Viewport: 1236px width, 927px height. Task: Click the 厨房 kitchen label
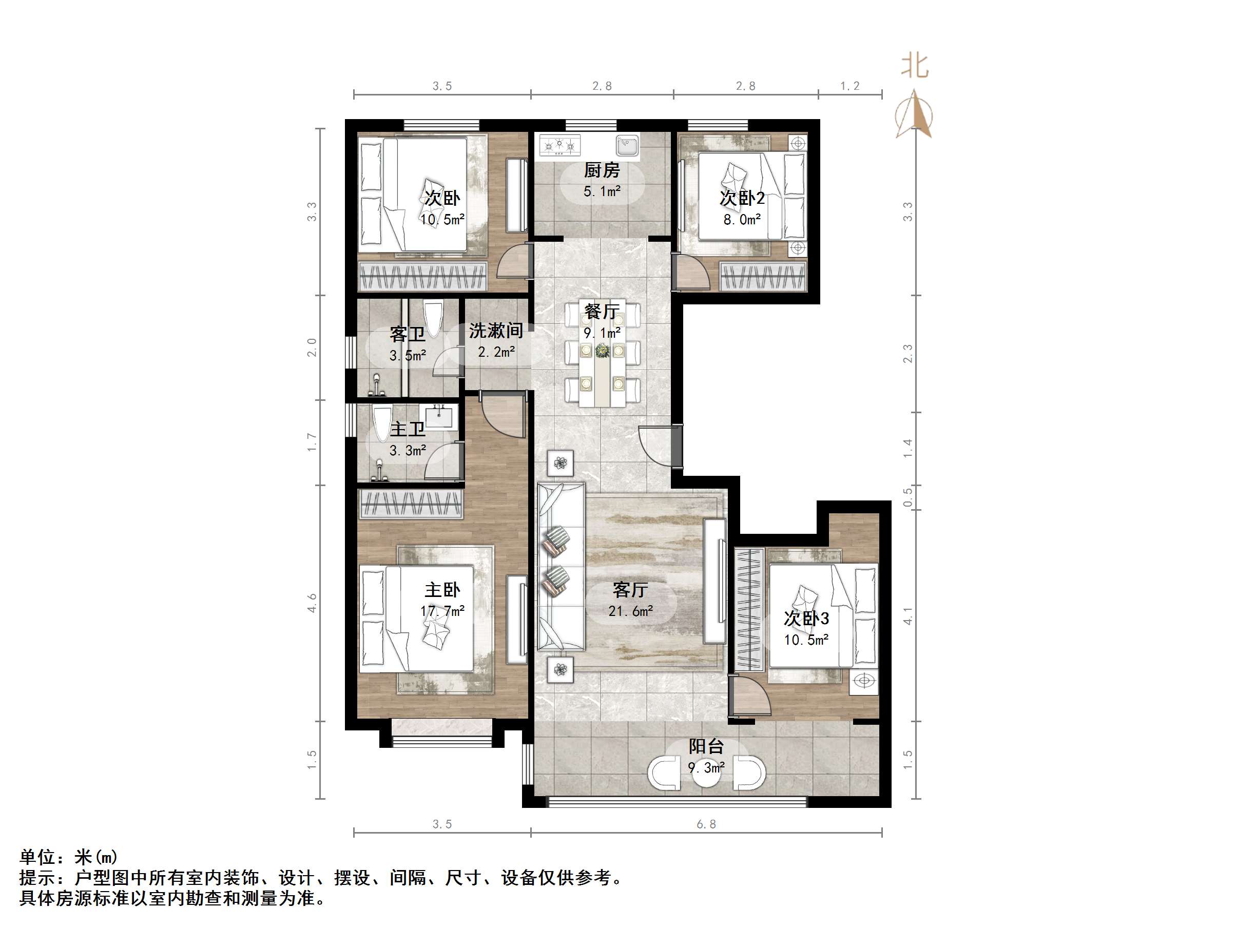602,169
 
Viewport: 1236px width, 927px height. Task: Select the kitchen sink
627,145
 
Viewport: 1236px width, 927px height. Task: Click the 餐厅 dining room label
602,311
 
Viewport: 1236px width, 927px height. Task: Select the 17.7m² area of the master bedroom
442,611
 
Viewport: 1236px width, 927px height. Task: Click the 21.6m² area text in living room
630,611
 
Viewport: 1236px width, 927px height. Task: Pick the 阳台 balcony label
706,746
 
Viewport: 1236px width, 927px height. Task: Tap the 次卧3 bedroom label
806,619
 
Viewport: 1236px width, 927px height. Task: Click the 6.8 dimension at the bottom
706,824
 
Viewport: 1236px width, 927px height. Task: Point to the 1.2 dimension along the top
850,86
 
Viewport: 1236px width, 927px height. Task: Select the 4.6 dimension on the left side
312,603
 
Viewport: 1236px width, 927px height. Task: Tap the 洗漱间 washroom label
496,330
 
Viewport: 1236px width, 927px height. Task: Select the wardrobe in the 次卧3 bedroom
749,610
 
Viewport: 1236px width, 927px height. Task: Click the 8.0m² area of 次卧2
742,220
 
